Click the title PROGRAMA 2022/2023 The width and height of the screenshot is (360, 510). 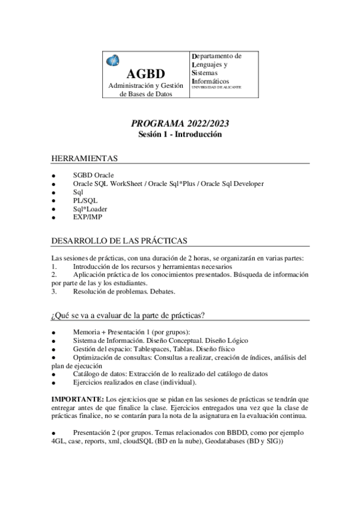coord(180,124)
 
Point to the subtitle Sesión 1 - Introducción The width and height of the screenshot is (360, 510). coord(180,135)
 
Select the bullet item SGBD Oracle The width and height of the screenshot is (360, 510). coord(93,175)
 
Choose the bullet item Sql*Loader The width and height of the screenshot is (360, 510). coord(90,209)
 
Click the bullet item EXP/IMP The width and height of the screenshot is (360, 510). coord(87,217)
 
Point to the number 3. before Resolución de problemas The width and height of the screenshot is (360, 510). coord(54,292)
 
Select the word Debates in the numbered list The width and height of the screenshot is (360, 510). coord(161,292)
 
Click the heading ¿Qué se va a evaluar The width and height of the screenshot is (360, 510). coord(129,315)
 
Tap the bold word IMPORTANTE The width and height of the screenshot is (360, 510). coord(77,399)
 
